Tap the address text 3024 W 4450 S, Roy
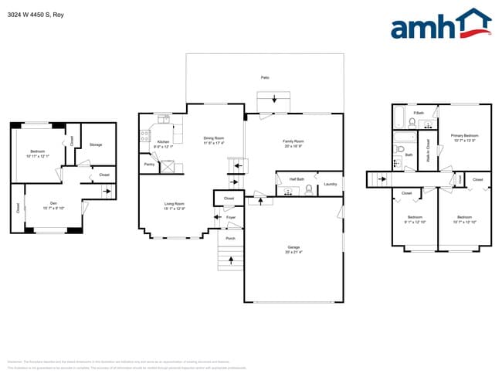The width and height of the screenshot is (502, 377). (x=36, y=12)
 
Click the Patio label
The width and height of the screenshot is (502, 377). (x=265, y=78)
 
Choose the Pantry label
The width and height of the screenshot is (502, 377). (x=149, y=164)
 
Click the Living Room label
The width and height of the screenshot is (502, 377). (x=174, y=205)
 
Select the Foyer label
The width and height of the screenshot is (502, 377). (x=230, y=218)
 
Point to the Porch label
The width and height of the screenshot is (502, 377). (x=230, y=238)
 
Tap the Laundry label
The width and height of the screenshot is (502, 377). (x=330, y=184)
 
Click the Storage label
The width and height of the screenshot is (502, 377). (x=96, y=144)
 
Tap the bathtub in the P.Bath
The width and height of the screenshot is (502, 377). (x=399, y=117)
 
